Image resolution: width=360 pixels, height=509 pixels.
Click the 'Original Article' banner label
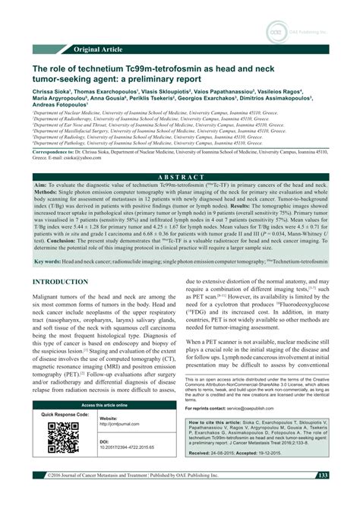[x=100, y=49]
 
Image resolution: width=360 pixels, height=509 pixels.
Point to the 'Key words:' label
[x=49, y=240]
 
